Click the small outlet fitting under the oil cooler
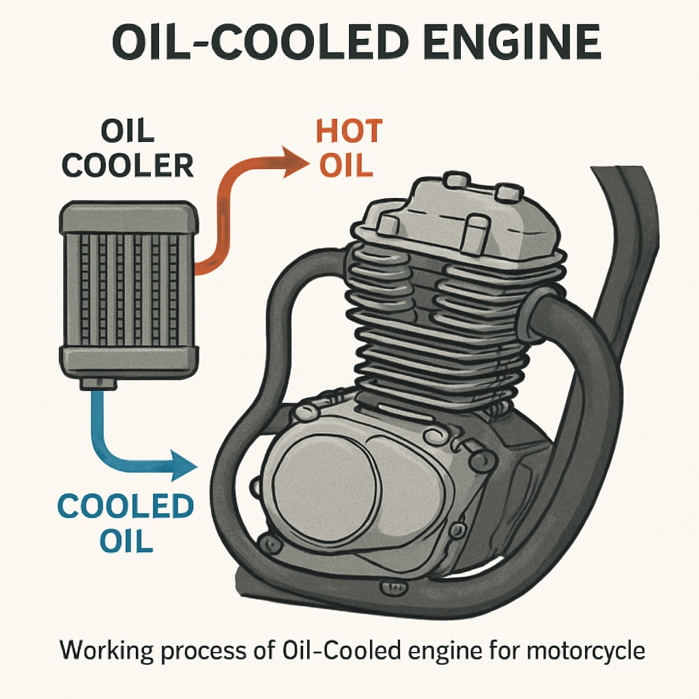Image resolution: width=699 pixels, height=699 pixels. click(x=98, y=384)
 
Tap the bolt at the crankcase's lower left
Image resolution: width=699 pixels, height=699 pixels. click(x=272, y=543)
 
